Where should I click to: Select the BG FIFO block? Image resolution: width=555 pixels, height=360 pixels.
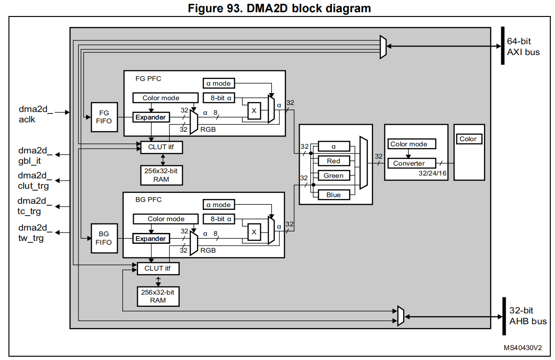coord(104,238)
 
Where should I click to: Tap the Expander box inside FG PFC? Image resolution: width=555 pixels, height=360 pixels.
coord(151,117)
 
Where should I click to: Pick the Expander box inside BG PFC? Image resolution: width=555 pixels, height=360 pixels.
coord(151,239)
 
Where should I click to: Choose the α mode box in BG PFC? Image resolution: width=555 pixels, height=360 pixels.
coord(219,205)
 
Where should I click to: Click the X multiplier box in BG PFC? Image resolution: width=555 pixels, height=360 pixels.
coord(254,232)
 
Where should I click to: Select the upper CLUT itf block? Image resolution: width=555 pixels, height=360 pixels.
coord(161,147)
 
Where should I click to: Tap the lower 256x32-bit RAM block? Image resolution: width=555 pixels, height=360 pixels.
coord(158,296)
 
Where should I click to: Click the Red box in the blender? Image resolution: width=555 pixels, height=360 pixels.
coord(333,161)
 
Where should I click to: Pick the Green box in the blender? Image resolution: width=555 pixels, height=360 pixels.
coord(333,176)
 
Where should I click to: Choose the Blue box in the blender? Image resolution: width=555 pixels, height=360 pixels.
coord(333,195)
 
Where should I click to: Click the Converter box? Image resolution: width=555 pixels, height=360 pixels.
coord(409,163)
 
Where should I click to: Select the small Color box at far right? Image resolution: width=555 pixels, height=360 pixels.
coord(468,139)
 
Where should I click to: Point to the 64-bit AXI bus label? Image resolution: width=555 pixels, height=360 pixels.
coord(523,47)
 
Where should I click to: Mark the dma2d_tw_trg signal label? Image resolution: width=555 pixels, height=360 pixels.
coord(33,233)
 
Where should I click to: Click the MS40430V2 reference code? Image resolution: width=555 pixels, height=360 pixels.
coord(523,348)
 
